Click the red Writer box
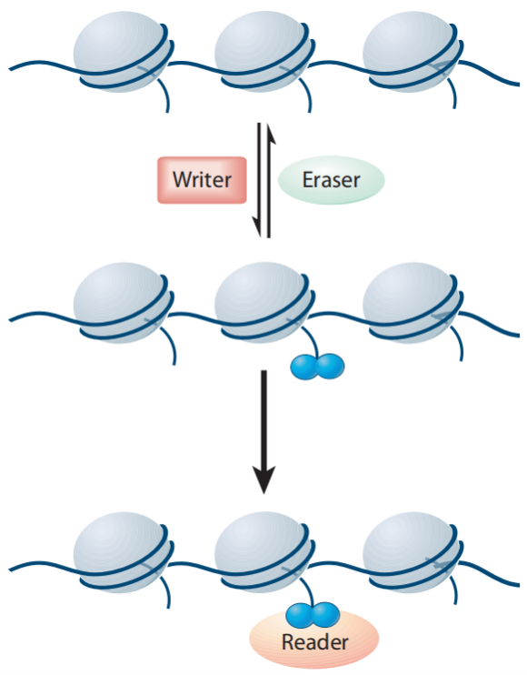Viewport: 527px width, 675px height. pyautogui.click(x=203, y=180)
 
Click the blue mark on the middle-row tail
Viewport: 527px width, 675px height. pyautogui.click(x=317, y=366)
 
